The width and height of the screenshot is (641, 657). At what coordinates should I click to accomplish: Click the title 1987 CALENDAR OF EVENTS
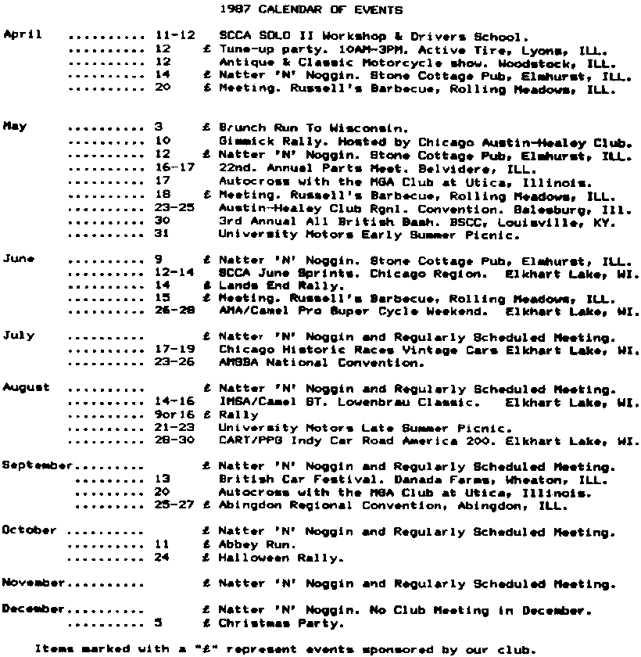point(312,10)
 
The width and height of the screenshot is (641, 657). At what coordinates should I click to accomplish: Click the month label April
point(22,35)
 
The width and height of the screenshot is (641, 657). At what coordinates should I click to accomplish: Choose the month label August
point(26,387)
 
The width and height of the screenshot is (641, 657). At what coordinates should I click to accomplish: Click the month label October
point(30,530)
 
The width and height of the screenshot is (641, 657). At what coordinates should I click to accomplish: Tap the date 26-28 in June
point(170,311)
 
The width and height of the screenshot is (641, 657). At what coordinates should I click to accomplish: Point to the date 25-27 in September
point(170,505)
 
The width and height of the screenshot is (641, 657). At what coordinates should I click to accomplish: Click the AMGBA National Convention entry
point(321,362)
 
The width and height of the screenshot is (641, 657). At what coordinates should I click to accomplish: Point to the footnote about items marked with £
point(286,648)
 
